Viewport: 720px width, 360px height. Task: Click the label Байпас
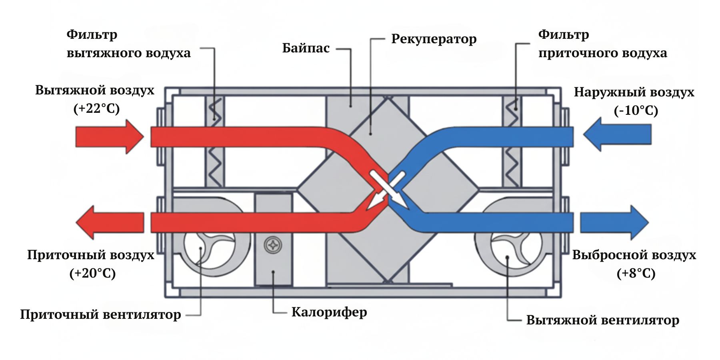pyautogui.click(x=306, y=48)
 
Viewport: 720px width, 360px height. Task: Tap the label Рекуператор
pyautogui.click(x=434, y=39)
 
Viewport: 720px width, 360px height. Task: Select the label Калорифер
pyautogui.click(x=329, y=312)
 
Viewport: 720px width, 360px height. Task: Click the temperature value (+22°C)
pyautogui.click(x=96, y=109)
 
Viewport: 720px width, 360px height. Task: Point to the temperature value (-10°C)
pyautogui.click(x=636, y=110)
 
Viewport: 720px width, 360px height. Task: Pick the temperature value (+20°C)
pyautogui.click(x=92, y=274)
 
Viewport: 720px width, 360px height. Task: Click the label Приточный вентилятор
pyautogui.click(x=100, y=315)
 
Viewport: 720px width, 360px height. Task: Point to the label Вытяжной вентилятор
pyautogui.click(x=602, y=320)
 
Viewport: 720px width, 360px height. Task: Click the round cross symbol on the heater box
pyautogui.click(x=273, y=245)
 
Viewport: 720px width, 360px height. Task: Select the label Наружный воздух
pyautogui.click(x=634, y=92)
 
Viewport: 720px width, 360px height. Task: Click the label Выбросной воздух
pyautogui.click(x=634, y=255)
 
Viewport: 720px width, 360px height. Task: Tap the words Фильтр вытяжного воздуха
pyautogui.click(x=128, y=44)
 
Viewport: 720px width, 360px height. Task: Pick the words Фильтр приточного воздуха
pyautogui.click(x=602, y=44)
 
